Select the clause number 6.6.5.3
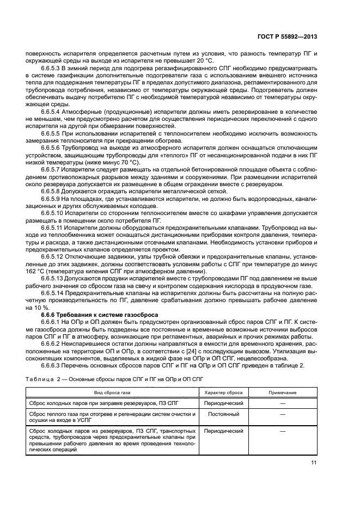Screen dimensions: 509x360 click(x=53, y=69)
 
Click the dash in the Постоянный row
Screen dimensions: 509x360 click(x=282, y=414)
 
